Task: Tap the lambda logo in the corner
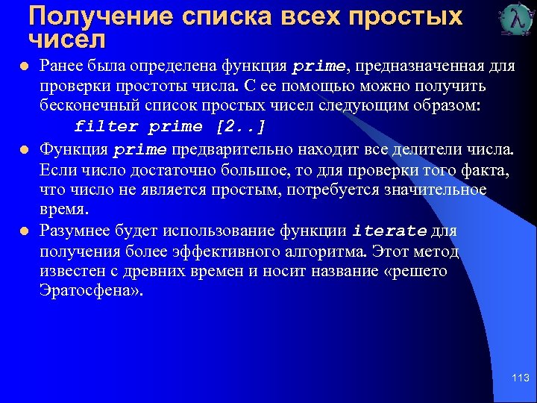pyautogui.click(x=514, y=20)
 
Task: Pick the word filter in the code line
pyautogui.click(x=107, y=126)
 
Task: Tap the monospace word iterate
pyautogui.click(x=390, y=231)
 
